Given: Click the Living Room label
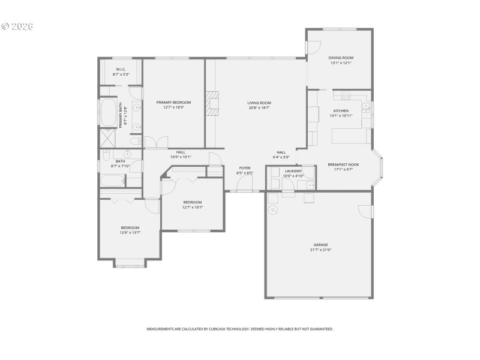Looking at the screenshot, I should coord(259,103).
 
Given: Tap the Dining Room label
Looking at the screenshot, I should coord(340,58).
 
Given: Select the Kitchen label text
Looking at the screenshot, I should coord(340,110).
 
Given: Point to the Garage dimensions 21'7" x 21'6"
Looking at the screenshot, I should coord(322,250).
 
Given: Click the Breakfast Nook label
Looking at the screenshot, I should coord(343,164).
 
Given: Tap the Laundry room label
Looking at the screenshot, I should coord(293,171).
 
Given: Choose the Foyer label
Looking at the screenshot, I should coord(245,167).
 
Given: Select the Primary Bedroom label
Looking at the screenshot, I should coord(173,103).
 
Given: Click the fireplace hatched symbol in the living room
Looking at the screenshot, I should coord(213,103).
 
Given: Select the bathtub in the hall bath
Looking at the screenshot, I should coord(112,180).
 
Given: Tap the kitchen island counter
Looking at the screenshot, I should coord(351,136).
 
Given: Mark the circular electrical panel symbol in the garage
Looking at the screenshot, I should coord(273,210).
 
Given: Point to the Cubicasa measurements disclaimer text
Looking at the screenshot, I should coord(240,329).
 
